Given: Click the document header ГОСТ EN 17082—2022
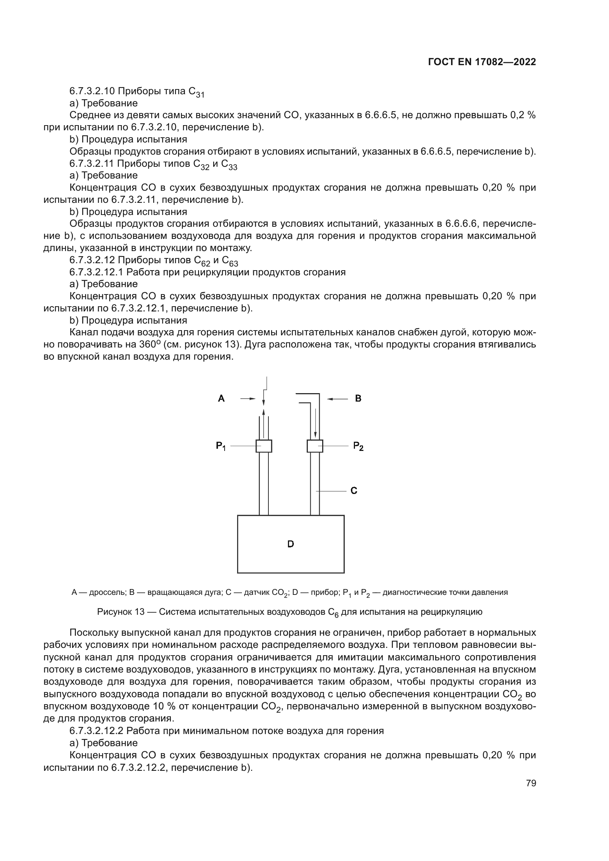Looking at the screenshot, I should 482,62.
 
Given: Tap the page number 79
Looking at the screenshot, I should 531,783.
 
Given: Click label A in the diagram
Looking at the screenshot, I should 221,398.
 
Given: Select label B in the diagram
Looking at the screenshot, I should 358,398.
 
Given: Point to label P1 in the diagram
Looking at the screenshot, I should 221,446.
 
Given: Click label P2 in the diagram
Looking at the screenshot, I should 358,446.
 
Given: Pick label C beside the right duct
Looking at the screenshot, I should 353,490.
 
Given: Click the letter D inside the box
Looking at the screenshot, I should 291,544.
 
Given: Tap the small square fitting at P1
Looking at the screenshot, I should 264,446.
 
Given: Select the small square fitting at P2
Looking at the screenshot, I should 314,446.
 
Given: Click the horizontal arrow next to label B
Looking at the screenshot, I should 338,399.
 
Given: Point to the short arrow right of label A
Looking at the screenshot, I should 248,399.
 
